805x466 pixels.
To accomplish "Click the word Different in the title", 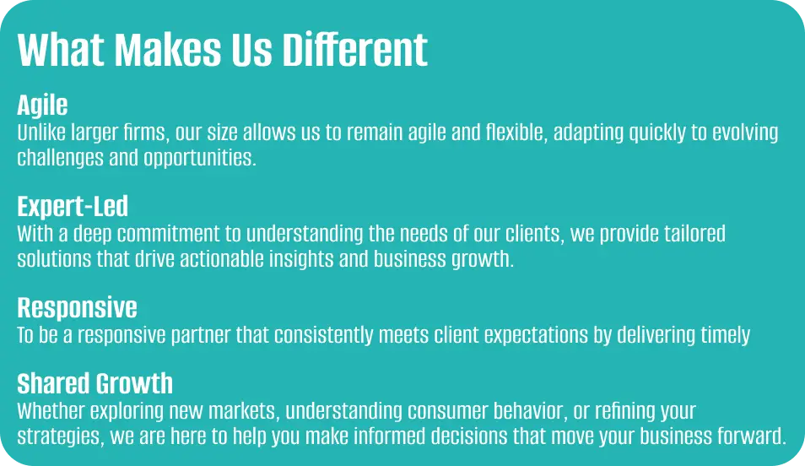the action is (x=354, y=50).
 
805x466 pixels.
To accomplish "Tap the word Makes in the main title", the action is (x=168, y=50).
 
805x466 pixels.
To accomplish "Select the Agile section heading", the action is (x=42, y=106).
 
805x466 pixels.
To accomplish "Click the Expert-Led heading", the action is (x=73, y=207).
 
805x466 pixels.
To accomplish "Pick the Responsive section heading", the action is (x=77, y=308).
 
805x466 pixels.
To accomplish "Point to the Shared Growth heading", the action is (x=95, y=383).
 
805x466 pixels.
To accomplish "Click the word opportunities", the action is (x=200, y=158).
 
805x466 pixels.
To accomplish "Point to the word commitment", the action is (x=169, y=234).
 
